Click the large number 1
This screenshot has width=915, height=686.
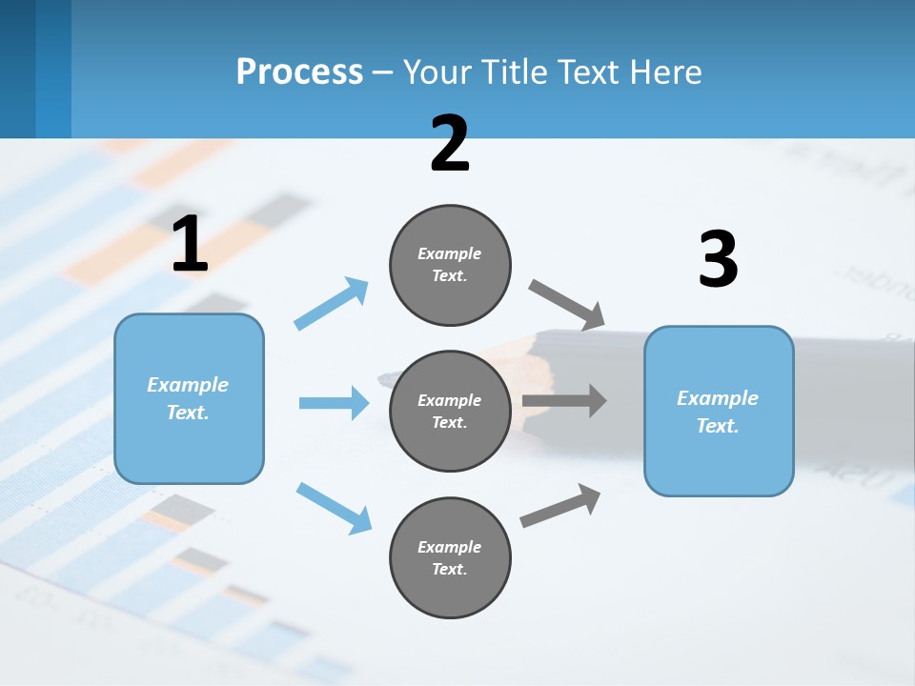(x=190, y=244)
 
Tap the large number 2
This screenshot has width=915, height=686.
(x=450, y=144)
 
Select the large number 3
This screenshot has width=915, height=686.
(x=718, y=259)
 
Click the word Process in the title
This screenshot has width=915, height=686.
(x=299, y=71)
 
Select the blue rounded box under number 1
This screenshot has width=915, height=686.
(x=189, y=398)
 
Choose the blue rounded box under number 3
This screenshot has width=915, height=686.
(x=719, y=412)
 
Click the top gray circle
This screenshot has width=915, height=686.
(x=450, y=265)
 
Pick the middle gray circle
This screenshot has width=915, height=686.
(x=450, y=412)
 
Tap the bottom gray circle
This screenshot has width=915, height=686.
(x=450, y=558)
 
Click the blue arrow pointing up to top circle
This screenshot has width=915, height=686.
(x=332, y=304)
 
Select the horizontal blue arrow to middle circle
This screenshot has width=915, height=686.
(x=334, y=403)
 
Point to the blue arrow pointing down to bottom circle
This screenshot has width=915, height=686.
(x=334, y=507)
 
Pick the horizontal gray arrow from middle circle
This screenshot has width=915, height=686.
(x=564, y=400)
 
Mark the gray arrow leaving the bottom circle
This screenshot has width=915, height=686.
(x=561, y=506)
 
